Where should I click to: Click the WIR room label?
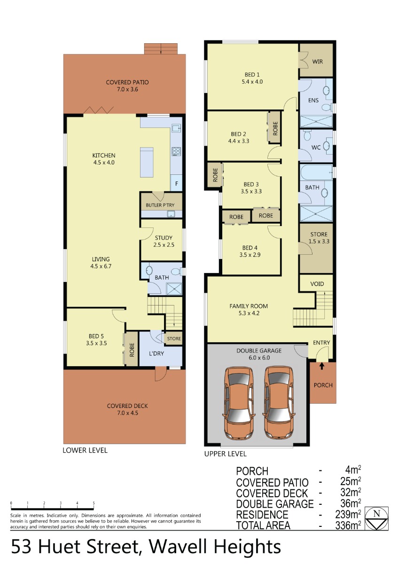pyautogui.click(x=317, y=62)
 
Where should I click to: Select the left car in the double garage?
pyautogui.click(x=239, y=403)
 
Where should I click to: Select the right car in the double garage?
pyautogui.click(x=280, y=402)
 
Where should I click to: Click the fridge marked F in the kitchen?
pyautogui.click(x=177, y=183)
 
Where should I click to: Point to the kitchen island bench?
pyautogui.click(x=147, y=163)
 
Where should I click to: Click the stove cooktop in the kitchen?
pyautogui.click(x=176, y=151)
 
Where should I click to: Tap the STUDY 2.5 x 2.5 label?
pyautogui.click(x=164, y=241)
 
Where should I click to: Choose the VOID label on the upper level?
pyautogui.click(x=317, y=284)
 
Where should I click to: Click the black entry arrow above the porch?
pyautogui.click(x=321, y=366)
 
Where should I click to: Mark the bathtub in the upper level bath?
pyautogui.click(x=316, y=172)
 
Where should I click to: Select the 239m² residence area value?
pyautogui.click(x=348, y=514)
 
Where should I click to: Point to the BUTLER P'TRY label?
pyautogui.click(x=160, y=205)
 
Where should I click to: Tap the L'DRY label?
pyautogui.click(x=156, y=353)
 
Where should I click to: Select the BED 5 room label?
pyautogui.click(x=96, y=339)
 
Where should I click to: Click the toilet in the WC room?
pyautogui.click(x=307, y=135)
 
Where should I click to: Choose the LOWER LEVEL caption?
pyautogui.click(x=85, y=450)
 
